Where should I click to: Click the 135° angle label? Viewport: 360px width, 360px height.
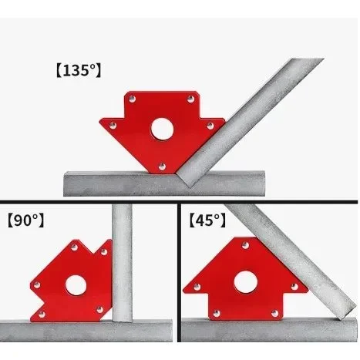[x=79, y=71]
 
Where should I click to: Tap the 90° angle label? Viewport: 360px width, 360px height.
[x=25, y=220]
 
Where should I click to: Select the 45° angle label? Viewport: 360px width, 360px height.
[x=207, y=220]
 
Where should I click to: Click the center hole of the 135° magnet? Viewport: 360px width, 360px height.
[x=162, y=129]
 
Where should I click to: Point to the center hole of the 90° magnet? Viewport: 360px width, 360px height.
[x=76, y=285]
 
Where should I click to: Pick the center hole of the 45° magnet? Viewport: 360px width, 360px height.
[x=246, y=282]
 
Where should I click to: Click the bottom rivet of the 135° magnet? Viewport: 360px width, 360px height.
[x=162, y=167]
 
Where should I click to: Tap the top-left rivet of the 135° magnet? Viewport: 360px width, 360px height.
[x=132, y=99]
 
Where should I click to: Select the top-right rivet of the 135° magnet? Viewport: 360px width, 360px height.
[x=190, y=99]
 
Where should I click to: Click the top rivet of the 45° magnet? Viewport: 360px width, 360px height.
[x=246, y=245]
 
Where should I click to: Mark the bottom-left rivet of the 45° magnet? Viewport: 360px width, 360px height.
[x=217, y=314]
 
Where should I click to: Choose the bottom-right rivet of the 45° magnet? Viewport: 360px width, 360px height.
[x=274, y=314]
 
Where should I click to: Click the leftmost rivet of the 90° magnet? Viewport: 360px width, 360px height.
[x=37, y=285]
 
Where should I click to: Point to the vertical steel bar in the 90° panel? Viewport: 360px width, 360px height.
[x=122, y=262]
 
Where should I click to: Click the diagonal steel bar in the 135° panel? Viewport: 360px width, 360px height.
[x=251, y=122]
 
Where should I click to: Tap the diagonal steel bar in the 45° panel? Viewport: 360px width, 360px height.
[x=291, y=261]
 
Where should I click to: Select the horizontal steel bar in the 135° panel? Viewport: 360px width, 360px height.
[x=164, y=183]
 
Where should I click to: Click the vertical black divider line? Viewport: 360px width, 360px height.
[x=179, y=272]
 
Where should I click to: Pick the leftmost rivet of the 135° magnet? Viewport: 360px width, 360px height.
[x=113, y=126]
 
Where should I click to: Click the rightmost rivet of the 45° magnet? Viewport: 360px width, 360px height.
[x=294, y=287]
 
